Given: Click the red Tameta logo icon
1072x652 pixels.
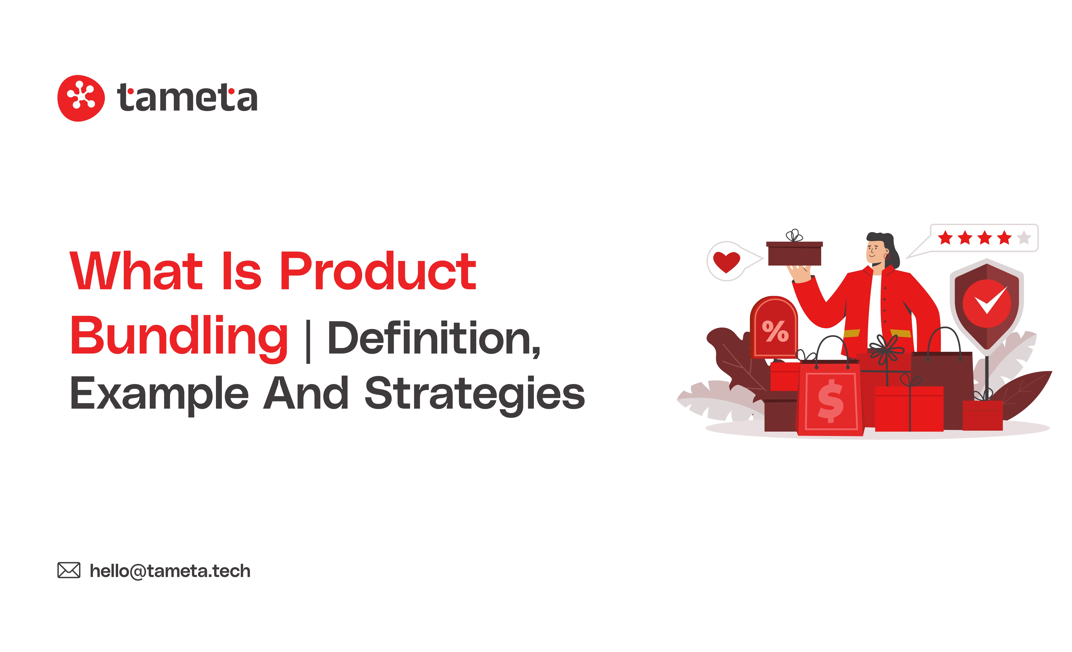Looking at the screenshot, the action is (x=81, y=98).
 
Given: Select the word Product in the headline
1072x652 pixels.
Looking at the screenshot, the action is (x=378, y=271).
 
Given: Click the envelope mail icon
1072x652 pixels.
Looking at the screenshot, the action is (x=69, y=570).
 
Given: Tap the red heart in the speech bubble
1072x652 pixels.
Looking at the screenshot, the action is (x=726, y=262).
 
